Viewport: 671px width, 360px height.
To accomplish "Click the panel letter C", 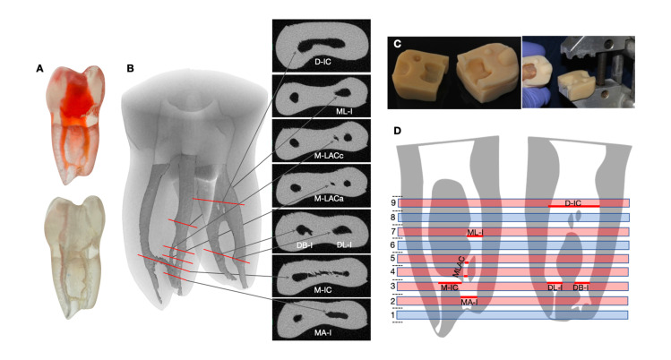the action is (398, 43).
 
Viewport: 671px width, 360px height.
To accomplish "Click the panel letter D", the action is (398, 132).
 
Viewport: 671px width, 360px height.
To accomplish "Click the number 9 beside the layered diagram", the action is (406, 203).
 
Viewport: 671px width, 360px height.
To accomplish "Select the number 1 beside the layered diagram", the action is (406, 315).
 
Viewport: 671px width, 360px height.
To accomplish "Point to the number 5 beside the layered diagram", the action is (406, 259).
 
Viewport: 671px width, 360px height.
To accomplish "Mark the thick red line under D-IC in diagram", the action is (573, 207).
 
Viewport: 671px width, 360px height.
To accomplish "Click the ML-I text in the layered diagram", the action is (477, 232).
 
